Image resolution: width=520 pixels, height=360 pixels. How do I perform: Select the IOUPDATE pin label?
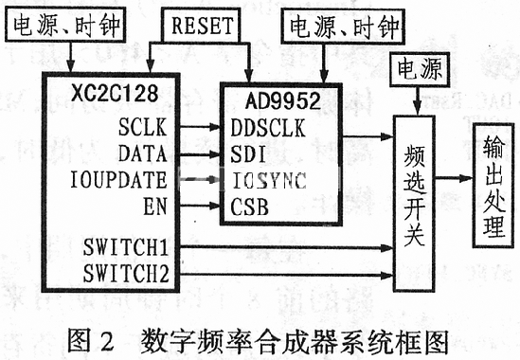click(x=123, y=177)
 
